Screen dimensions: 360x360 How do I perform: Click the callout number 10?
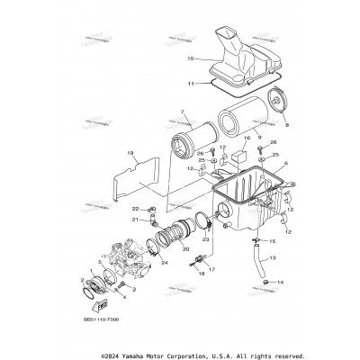point(190,58)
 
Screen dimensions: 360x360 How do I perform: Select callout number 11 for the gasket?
point(190,83)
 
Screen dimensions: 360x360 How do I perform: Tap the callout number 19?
point(130,153)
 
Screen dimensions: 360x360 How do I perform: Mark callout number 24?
point(164,263)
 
